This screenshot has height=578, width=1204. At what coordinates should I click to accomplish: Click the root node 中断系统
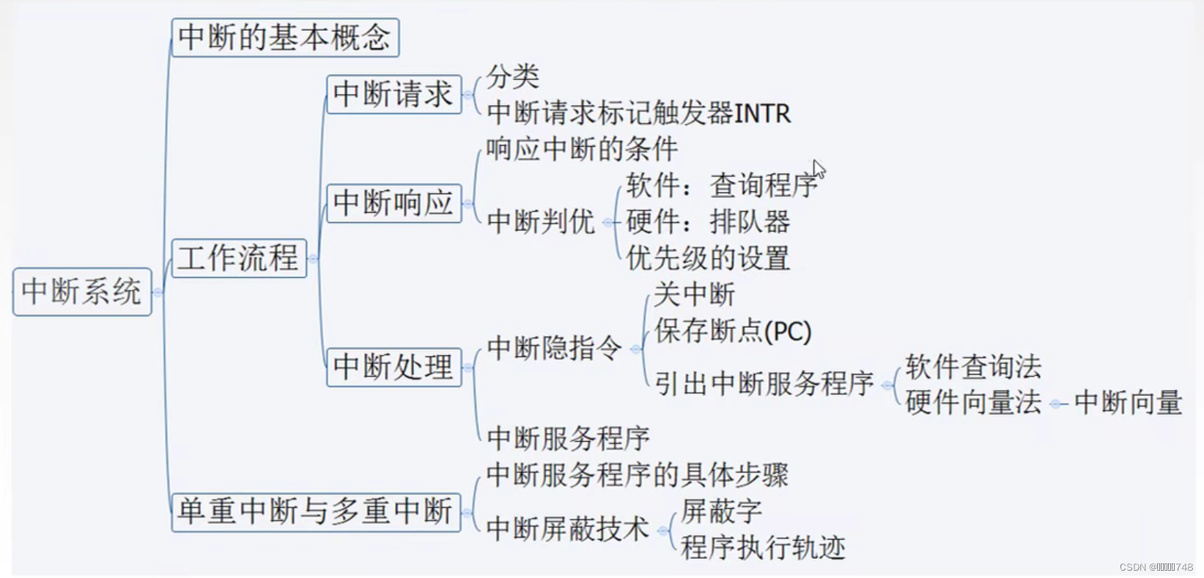coord(82,292)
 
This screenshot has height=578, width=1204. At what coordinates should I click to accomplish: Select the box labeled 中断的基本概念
coord(285,38)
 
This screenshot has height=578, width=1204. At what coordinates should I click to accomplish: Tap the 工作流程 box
coord(239,258)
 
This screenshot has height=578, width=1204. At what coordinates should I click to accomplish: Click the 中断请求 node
coord(394,95)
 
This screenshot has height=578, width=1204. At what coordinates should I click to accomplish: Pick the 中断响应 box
coord(394,203)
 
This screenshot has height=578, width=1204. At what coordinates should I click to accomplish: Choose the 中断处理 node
coord(394,367)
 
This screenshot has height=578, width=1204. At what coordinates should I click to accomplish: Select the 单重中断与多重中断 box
coord(316,511)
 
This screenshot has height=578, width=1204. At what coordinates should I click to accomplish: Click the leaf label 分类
coord(513,76)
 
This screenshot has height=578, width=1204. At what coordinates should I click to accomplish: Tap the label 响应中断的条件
coord(582,150)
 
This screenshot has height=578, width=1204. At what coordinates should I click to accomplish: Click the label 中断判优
coord(541,222)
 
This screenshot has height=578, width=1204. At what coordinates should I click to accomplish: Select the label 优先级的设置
coord(708,258)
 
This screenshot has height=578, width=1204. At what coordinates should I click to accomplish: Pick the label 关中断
coord(694,295)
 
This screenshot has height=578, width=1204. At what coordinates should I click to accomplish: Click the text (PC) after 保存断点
coord(788,332)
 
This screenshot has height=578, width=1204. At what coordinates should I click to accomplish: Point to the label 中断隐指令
coord(555,348)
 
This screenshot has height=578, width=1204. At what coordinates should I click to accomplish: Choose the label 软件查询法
coord(973,366)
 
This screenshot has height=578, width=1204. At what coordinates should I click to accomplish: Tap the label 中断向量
coord(1128,403)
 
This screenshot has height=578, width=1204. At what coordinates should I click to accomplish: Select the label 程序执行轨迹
coord(763,547)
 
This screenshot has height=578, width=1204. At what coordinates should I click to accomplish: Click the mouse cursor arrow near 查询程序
coord(819,169)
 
